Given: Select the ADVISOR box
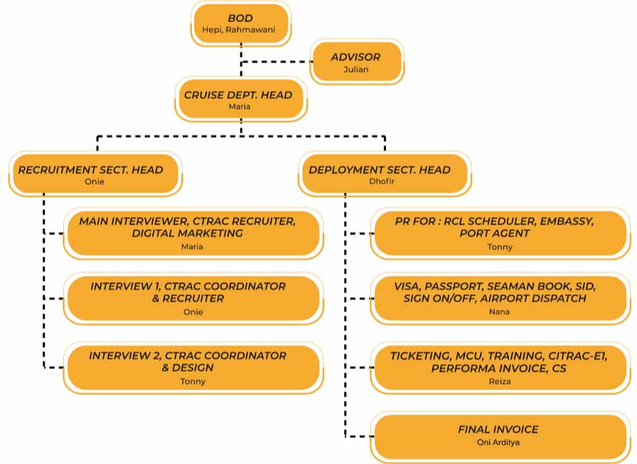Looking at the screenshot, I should click(355, 62).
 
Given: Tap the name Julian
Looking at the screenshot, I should click(355, 70).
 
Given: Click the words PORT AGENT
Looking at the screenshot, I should click(495, 233).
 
